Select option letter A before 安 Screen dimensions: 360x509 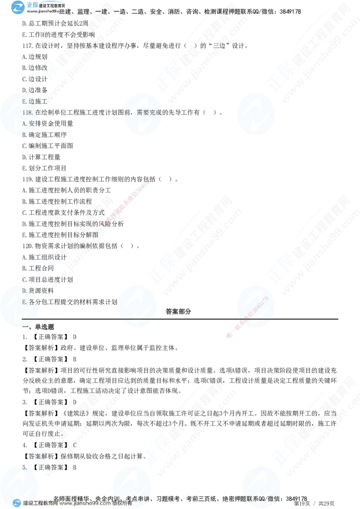24,123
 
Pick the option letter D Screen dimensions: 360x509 24,291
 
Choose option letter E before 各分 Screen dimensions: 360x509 24,302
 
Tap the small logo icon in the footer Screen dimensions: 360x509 17,503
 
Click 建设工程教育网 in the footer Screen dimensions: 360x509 40,504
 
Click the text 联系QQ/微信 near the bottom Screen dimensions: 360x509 261,498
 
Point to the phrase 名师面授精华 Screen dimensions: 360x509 72,498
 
